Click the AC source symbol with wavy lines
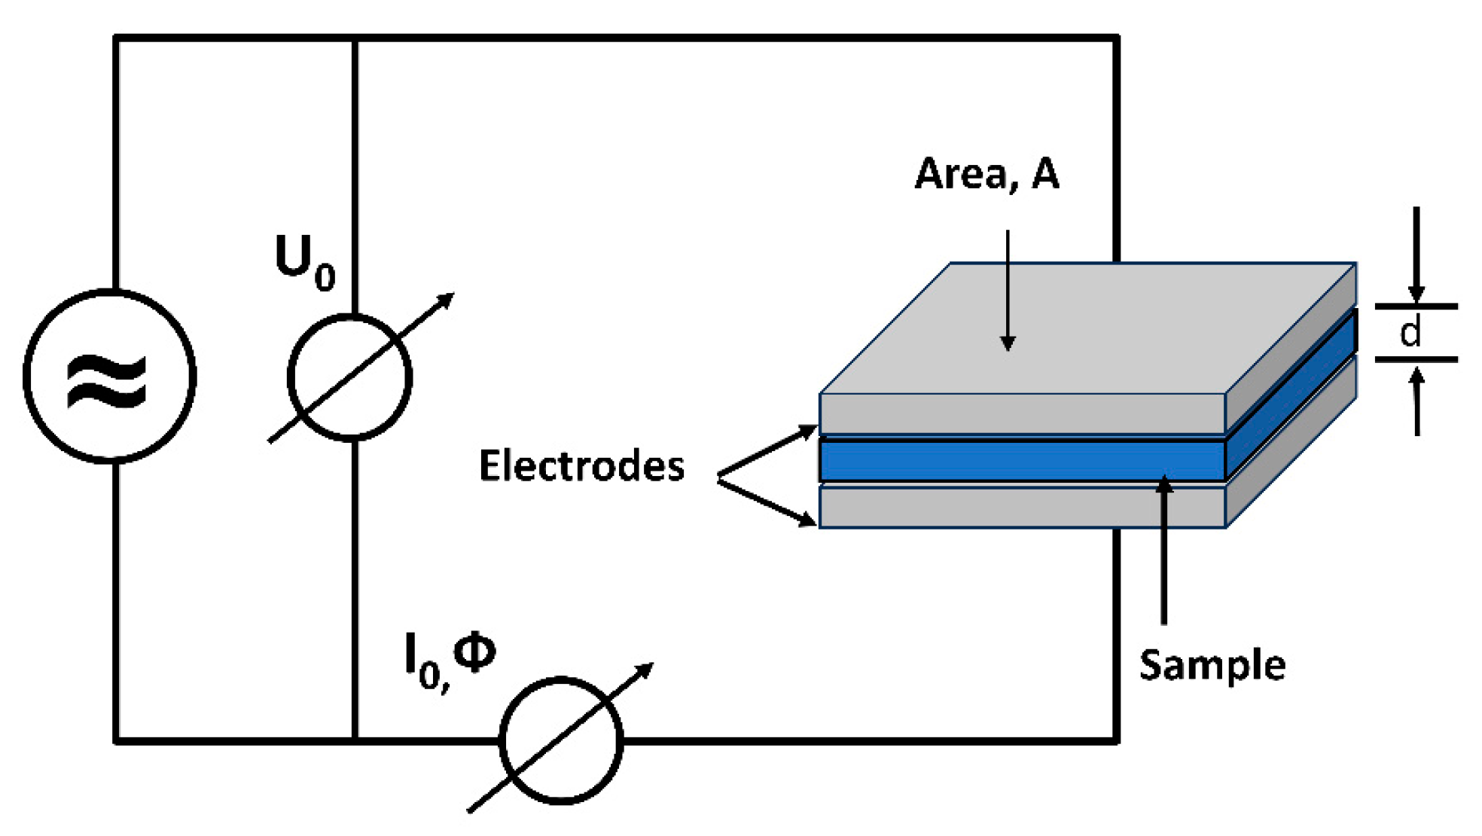110,377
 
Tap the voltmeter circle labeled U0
350,377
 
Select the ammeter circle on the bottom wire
561,741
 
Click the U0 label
304,261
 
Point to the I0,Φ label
450,659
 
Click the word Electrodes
581,465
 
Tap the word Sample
1212,665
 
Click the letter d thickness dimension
1410,333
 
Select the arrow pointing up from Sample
1164,550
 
